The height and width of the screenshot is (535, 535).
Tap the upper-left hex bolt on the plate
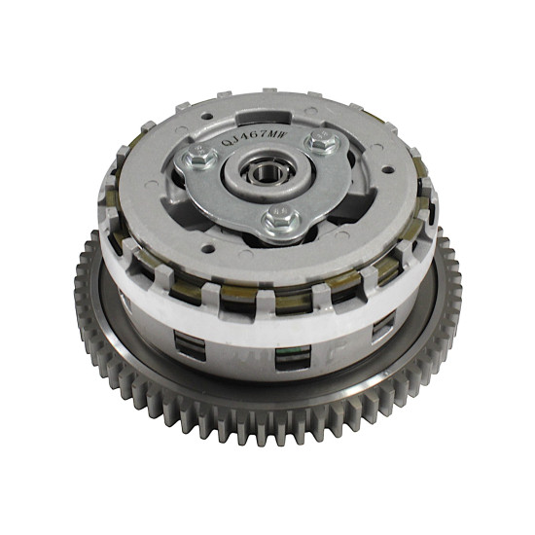pyautogui.click(x=199, y=157)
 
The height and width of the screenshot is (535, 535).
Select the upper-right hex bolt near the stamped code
pyautogui.click(x=321, y=141)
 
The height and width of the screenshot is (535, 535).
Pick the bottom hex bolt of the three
pyautogui.click(x=281, y=220)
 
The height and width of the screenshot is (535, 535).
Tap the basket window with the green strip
pyautogui.click(x=293, y=357)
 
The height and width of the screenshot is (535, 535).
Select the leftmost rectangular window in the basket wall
pyautogui.click(x=190, y=345)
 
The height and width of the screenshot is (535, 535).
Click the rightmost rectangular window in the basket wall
pyautogui.click(x=383, y=328)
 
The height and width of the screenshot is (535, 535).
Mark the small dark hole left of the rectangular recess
pyautogui.click(x=207, y=117)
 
